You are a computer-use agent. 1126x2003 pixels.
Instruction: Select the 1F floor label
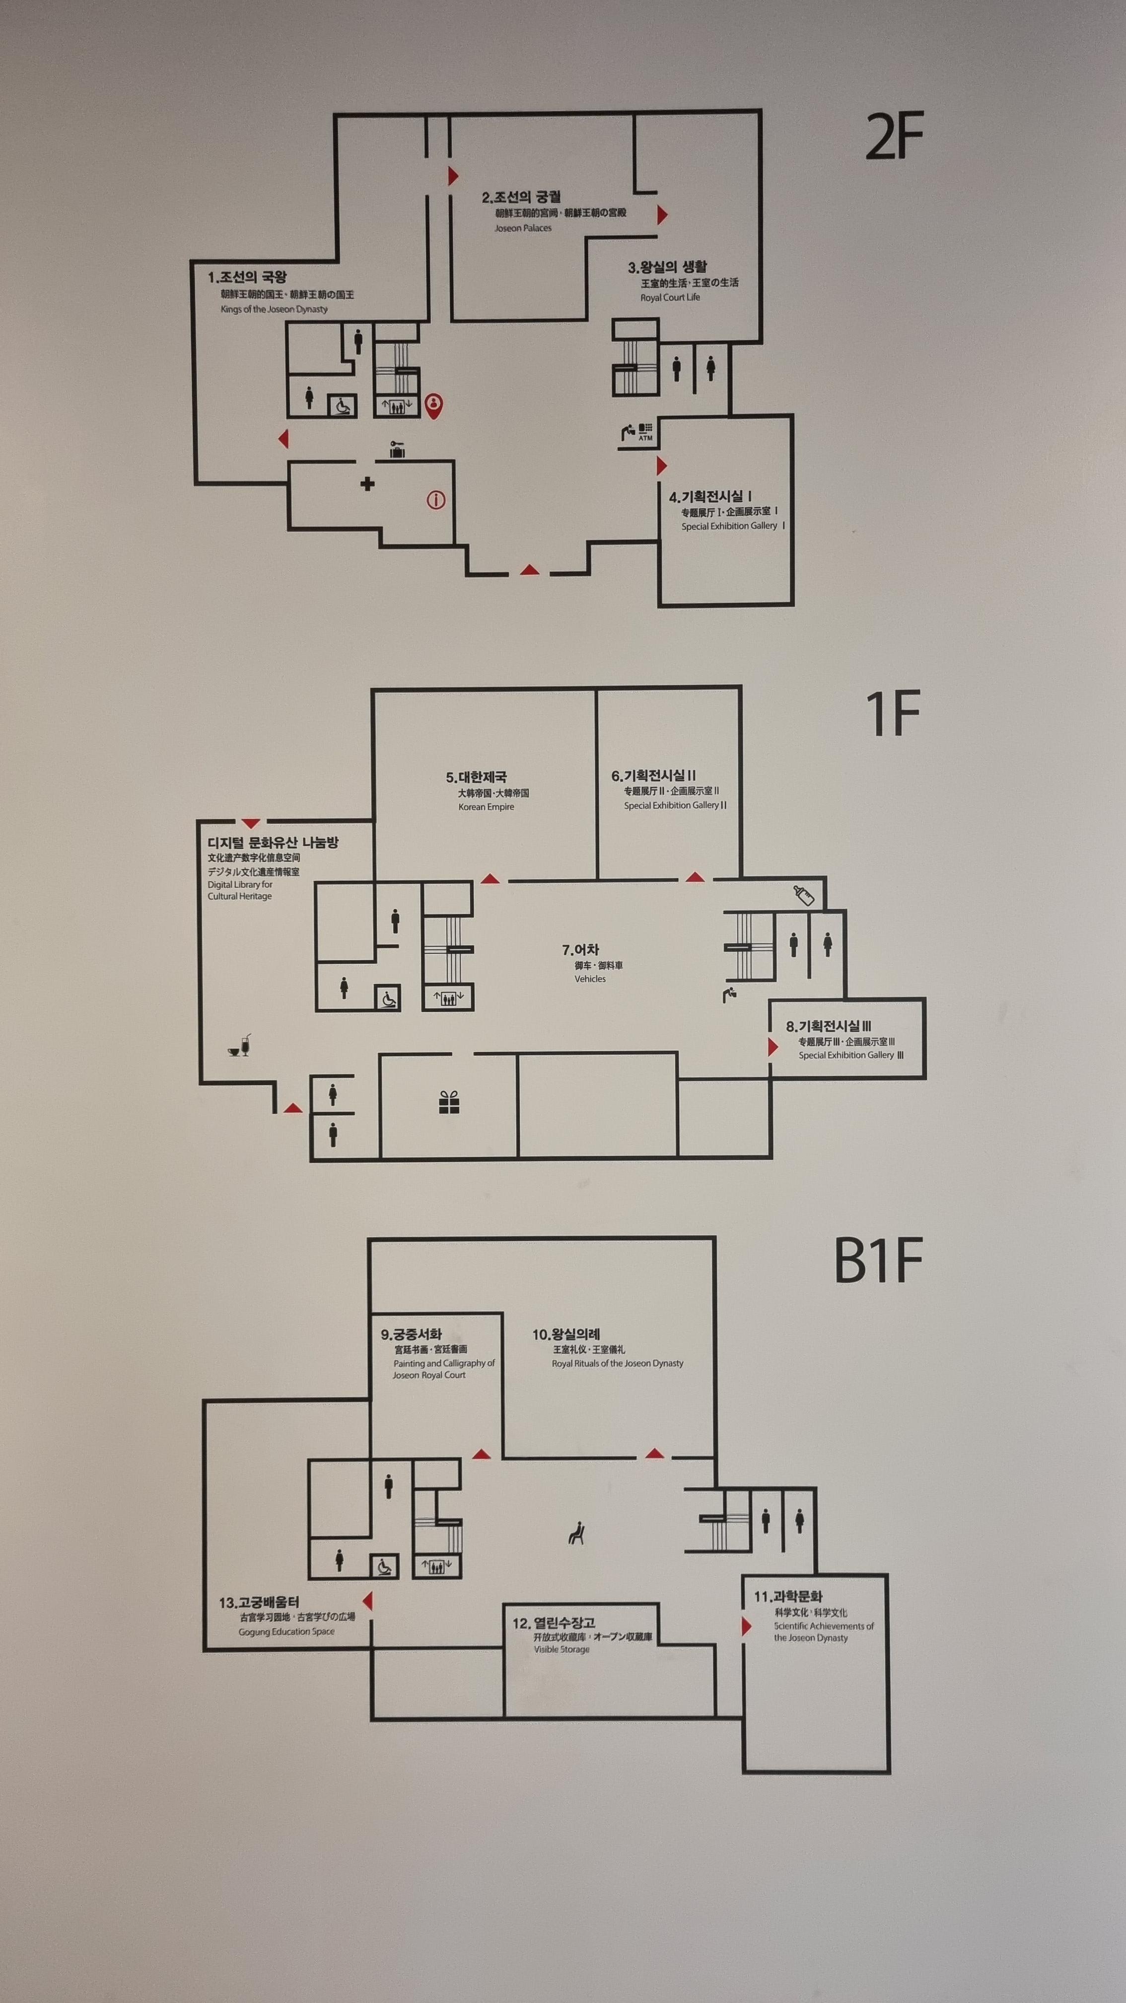point(892,714)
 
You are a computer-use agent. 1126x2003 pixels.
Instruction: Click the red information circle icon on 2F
point(436,500)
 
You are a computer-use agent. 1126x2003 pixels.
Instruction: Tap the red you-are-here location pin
point(434,404)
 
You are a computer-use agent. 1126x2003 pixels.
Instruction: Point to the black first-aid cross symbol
point(367,484)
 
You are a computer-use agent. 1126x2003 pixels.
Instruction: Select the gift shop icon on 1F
point(449,1102)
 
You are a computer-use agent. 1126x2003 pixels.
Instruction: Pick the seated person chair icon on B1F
point(576,1534)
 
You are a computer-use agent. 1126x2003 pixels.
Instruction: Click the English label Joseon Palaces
point(523,229)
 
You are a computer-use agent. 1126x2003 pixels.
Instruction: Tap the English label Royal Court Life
point(670,298)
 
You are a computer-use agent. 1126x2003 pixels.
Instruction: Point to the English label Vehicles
point(590,979)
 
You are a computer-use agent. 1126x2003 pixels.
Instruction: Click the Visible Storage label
point(561,1649)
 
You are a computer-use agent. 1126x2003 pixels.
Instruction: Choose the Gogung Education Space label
point(286,1631)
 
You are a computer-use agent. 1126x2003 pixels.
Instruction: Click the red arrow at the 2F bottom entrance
point(529,570)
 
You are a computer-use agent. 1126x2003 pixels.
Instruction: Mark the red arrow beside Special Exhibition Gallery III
point(773,1047)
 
